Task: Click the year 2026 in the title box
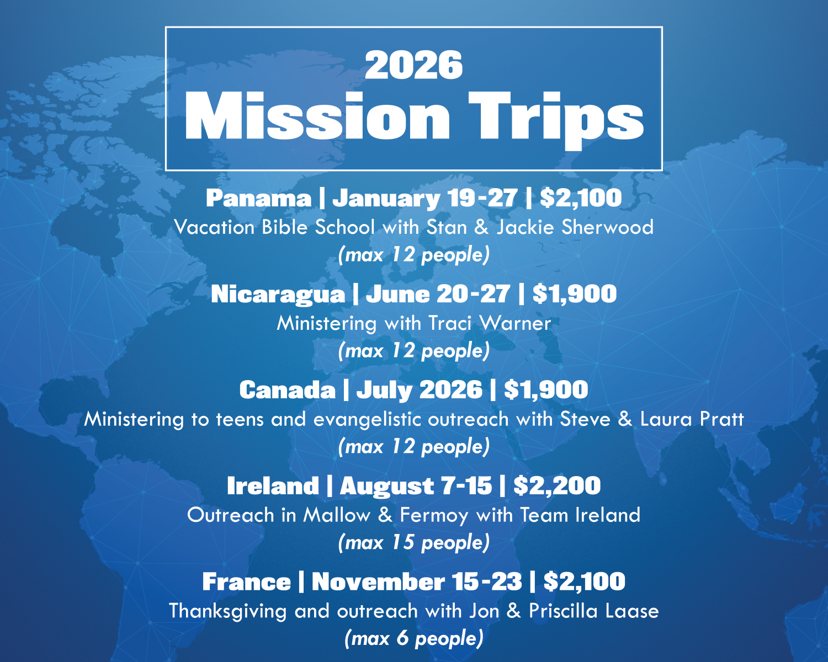point(413,65)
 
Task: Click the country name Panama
point(258,198)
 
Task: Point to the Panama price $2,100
point(581,198)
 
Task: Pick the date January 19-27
point(425,198)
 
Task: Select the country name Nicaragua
point(278,294)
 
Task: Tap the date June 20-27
point(437,294)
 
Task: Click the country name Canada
point(287,390)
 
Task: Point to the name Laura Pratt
point(692,419)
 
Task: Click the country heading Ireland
point(273,486)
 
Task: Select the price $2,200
point(556,486)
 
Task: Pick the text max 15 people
point(413,543)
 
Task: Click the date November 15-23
point(416,582)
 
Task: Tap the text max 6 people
point(413,639)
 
